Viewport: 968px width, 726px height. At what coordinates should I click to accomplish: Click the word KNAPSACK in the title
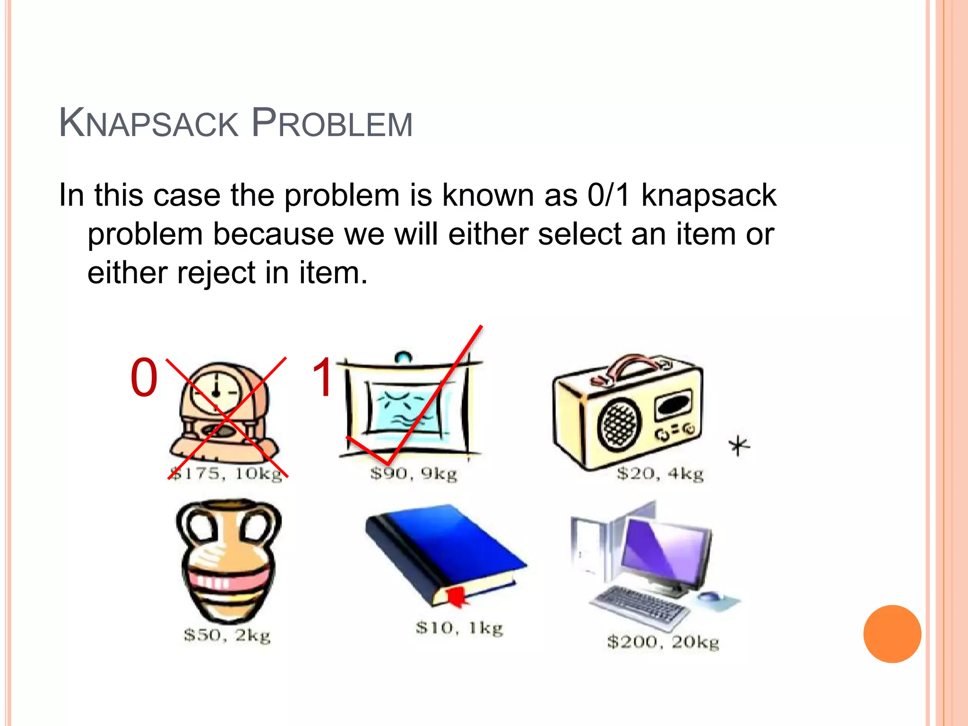coord(149,124)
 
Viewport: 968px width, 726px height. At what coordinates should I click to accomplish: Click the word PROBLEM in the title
coord(332,124)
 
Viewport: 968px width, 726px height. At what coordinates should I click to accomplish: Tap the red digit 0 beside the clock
coord(144,378)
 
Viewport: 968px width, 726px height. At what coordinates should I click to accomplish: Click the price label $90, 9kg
coord(414,474)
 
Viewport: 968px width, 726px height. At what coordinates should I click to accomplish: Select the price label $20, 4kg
coord(660,474)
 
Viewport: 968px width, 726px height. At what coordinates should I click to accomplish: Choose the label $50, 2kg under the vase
coord(227,635)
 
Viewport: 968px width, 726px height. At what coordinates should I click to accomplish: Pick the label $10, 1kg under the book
coord(459,628)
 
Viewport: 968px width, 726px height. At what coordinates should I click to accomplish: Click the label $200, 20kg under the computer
coord(663,642)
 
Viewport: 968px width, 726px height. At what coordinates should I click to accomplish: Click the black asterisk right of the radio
coord(739,445)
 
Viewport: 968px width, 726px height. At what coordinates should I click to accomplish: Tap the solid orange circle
coord(892,634)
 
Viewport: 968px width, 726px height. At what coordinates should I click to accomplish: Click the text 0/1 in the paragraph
coord(608,195)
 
